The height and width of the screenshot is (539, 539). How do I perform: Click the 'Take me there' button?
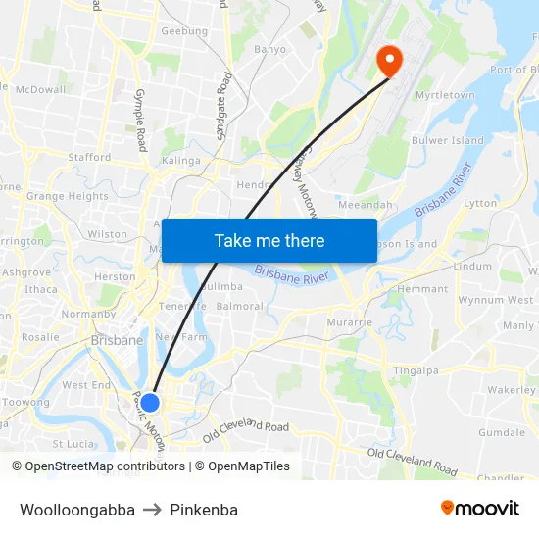(269, 241)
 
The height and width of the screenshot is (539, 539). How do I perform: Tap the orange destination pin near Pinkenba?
(389, 62)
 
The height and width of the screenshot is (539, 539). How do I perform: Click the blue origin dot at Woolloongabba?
(150, 402)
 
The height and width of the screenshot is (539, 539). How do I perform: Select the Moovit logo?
(480, 509)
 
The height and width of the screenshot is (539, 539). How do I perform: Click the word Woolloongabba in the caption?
(77, 510)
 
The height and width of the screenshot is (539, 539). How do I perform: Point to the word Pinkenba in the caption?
(204, 510)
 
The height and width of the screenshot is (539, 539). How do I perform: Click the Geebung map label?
(184, 31)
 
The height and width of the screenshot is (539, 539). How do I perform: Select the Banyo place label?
(269, 49)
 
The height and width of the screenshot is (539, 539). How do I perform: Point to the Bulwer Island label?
(448, 141)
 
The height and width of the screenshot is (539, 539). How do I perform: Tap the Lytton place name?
(480, 203)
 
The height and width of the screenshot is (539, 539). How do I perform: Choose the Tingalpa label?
(416, 370)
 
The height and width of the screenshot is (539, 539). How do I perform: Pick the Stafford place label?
(89, 157)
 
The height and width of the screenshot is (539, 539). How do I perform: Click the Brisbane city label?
(117, 340)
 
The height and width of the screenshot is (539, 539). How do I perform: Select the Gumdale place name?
(502, 432)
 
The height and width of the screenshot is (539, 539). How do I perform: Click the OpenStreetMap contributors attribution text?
(99, 466)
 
